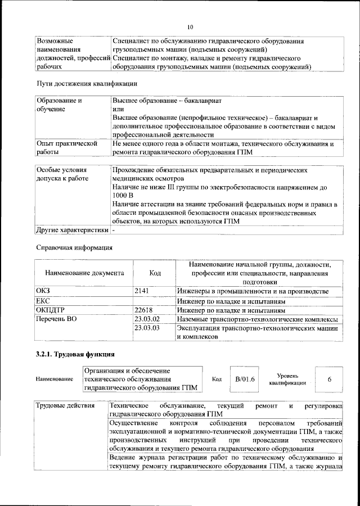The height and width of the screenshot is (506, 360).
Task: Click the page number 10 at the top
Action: tap(190, 27)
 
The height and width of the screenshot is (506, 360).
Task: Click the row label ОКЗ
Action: tap(43, 291)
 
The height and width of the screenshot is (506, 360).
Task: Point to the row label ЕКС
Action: tap(43, 301)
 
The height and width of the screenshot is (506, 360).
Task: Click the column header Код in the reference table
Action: tap(155, 273)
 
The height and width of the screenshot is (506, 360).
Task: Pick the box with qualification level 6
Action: tap(329, 379)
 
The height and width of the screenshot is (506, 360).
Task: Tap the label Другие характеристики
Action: tap(72, 230)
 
